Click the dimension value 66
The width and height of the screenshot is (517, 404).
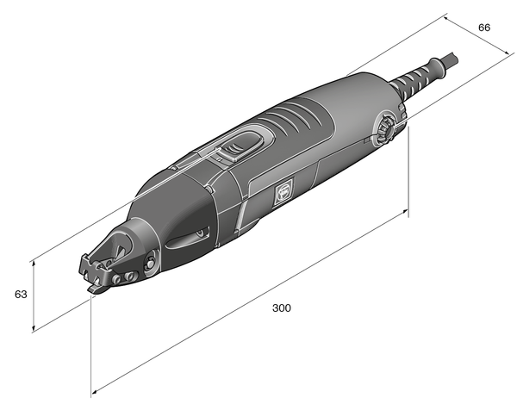484,28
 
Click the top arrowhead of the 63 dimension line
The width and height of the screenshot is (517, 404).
34,259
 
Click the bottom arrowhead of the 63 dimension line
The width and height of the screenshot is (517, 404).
34,329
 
